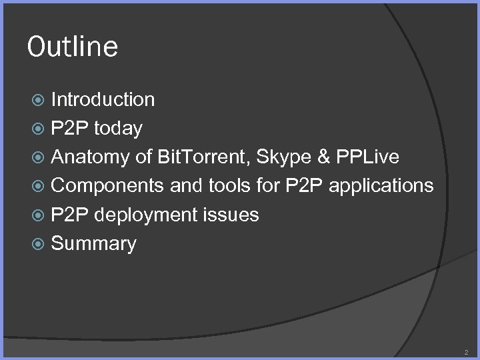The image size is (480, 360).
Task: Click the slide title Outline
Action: (73, 47)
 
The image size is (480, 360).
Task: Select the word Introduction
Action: (103, 100)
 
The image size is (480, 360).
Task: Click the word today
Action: (119, 129)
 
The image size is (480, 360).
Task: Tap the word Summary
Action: (93, 244)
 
